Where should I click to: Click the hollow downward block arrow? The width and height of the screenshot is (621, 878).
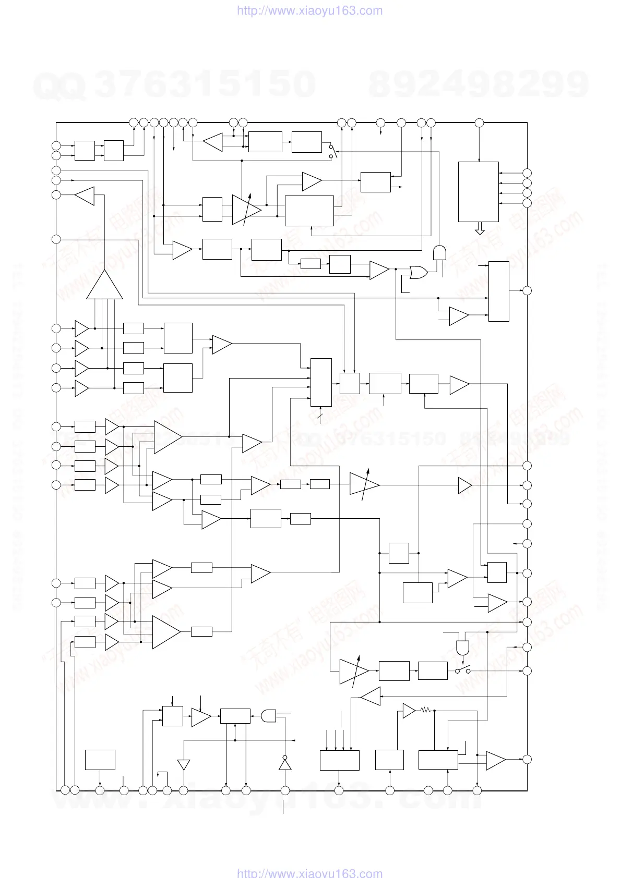point(480,229)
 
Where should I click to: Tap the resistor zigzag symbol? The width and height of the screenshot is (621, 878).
point(425,710)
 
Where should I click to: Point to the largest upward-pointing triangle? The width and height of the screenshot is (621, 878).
point(104,286)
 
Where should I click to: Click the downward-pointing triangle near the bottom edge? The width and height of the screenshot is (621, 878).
point(183,765)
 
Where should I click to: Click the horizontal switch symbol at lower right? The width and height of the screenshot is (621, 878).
point(462,670)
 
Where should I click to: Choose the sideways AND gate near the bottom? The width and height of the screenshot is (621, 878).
point(268,716)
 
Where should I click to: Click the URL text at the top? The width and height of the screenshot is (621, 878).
point(310,10)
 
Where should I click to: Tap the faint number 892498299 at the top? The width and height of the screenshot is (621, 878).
point(479,84)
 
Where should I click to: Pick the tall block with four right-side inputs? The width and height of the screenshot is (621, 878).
point(478,192)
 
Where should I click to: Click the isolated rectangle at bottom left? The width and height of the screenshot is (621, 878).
point(100,760)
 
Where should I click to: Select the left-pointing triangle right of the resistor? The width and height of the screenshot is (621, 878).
point(371,696)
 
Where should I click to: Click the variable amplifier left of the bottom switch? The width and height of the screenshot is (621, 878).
point(354,671)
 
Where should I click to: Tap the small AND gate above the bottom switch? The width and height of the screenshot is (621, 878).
point(462,647)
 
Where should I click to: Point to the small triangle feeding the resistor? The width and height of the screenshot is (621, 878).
point(409,710)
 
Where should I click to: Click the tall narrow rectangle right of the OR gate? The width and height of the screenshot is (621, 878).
point(498,291)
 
